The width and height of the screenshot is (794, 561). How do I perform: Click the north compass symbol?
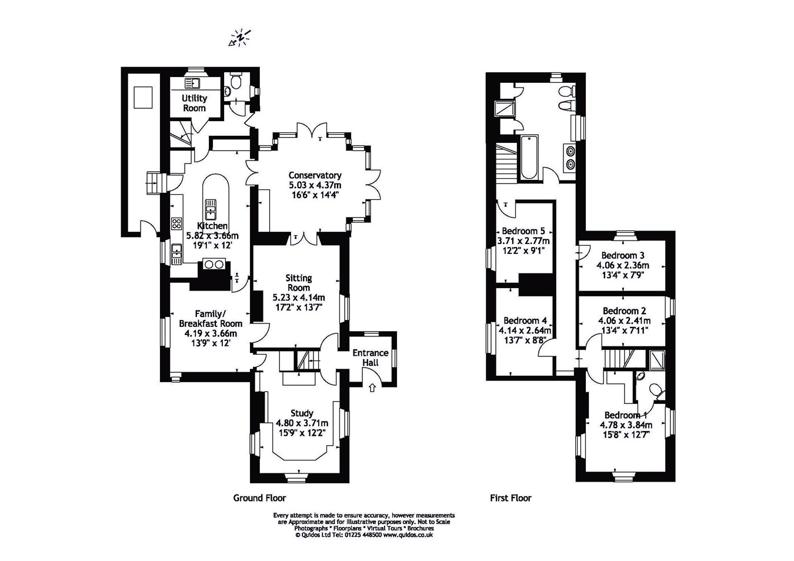coord(240,38)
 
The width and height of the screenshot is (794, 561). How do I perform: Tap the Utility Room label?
coord(194,103)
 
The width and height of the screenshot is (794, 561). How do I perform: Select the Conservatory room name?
coord(315,175)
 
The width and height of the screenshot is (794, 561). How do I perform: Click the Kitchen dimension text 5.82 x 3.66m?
coord(212,236)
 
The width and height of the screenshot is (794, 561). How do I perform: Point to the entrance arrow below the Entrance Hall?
coord(372,388)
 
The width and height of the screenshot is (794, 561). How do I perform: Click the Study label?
coord(302,413)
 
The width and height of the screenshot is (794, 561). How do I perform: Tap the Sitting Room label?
coord(299,283)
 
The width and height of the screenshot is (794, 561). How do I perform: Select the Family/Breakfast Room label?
coord(211,319)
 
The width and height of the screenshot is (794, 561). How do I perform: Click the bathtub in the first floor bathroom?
coord(529,157)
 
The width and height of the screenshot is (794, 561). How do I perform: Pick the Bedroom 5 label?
coord(523,231)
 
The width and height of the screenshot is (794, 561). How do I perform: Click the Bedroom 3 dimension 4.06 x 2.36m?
coord(623,265)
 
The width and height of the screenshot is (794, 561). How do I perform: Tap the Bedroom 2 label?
coord(624,311)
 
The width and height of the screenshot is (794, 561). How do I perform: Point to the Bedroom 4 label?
coord(525,320)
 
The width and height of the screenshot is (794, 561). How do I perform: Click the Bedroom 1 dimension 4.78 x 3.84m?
coord(626,425)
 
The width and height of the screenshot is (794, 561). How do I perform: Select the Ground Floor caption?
coord(259,498)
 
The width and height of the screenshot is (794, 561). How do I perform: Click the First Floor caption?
coord(511,498)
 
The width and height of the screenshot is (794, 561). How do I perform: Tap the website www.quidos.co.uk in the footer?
coord(408,535)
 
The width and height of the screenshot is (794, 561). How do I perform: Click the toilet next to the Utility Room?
coord(235,81)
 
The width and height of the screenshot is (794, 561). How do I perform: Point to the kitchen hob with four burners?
coord(176,223)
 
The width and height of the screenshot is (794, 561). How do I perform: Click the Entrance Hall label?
coord(371,358)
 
